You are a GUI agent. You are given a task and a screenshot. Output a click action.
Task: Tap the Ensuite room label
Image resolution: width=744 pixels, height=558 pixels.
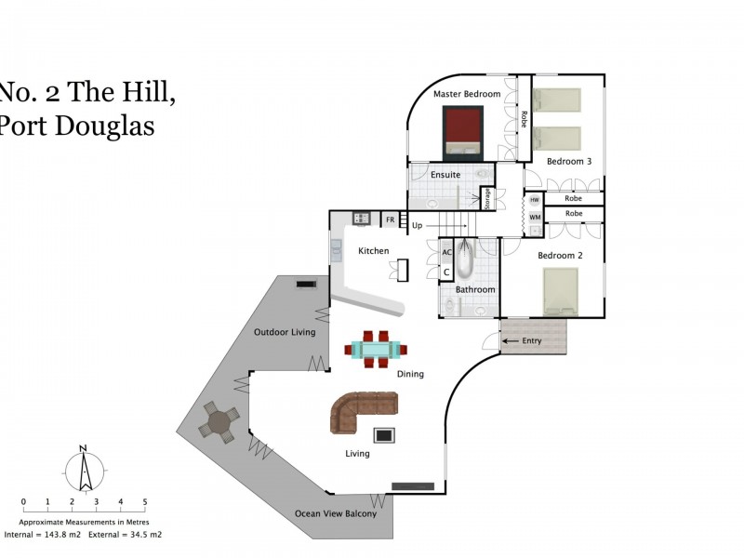(x=445, y=174)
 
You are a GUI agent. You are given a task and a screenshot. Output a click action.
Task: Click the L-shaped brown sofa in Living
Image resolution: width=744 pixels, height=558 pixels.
(x=362, y=410)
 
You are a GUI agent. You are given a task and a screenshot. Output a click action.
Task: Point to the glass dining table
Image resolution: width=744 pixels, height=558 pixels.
(x=376, y=350)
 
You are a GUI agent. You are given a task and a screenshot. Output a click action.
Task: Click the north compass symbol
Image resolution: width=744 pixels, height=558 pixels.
(x=84, y=470)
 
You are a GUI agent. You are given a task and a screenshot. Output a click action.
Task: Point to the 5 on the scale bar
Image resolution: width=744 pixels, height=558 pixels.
(x=144, y=502)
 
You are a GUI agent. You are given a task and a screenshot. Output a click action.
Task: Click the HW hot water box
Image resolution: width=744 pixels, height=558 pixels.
(x=535, y=200)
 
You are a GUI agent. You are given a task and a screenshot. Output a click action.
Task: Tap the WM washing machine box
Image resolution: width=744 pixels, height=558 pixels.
(x=535, y=217)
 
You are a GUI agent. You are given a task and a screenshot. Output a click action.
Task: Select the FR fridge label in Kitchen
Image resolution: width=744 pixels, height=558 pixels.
(x=391, y=220)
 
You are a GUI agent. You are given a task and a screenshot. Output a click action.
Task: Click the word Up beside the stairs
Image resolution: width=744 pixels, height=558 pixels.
(x=417, y=225)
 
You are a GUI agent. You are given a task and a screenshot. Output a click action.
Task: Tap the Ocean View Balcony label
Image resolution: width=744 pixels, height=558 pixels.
(x=336, y=514)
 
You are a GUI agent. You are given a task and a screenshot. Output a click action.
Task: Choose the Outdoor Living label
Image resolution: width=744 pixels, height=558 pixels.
(x=285, y=332)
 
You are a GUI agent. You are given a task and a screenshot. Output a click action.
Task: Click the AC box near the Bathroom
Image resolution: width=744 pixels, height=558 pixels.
(x=446, y=252)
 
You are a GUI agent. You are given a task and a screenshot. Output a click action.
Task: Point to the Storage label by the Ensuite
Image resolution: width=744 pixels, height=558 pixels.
(x=485, y=197)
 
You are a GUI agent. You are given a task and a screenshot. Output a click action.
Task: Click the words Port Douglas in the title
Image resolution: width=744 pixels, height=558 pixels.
(x=77, y=126)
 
